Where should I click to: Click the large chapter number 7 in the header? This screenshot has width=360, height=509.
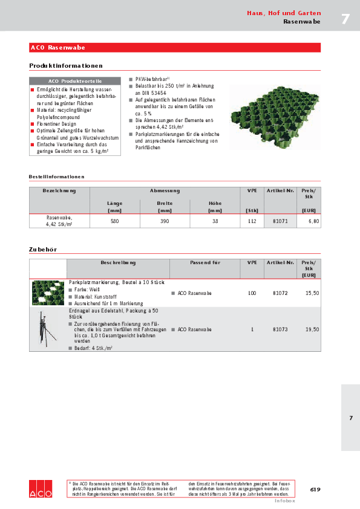click(x=345, y=19)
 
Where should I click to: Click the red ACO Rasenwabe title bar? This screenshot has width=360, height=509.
click(x=175, y=47)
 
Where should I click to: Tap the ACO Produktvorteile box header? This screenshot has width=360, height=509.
click(x=75, y=80)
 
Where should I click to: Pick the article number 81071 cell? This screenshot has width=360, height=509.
click(x=280, y=222)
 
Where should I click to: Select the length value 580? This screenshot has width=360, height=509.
click(x=114, y=222)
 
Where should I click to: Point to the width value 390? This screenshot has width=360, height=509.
click(x=165, y=222)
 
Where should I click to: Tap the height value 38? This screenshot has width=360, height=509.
click(x=215, y=222)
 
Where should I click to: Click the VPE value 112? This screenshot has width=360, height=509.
click(x=252, y=222)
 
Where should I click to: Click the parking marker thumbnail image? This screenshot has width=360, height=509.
click(x=48, y=293)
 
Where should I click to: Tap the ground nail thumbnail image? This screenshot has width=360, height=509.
click(x=48, y=329)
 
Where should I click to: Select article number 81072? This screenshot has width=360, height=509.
click(x=280, y=293)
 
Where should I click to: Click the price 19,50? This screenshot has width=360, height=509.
click(x=312, y=329)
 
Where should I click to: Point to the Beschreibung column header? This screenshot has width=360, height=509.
click(x=118, y=263)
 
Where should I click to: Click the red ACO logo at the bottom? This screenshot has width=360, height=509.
click(x=41, y=489)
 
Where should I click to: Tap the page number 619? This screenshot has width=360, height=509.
click(x=315, y=489)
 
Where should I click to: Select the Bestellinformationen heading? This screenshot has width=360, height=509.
click(x=56, y=177)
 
